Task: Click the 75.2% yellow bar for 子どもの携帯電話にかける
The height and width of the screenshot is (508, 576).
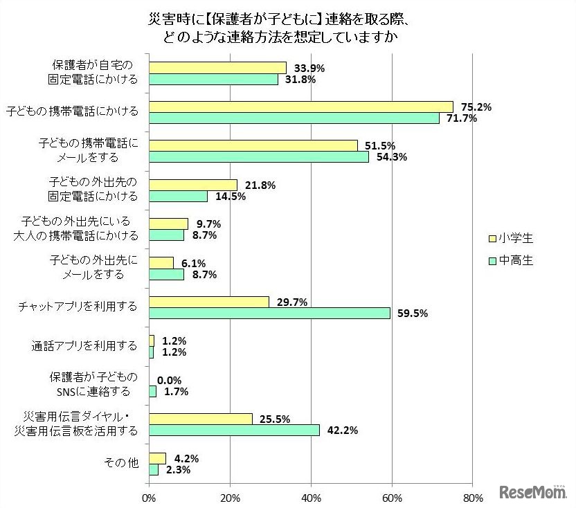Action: [301, 106]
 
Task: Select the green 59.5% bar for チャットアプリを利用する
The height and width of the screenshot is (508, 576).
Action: [270, 313]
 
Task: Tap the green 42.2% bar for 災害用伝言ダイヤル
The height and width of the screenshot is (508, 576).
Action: [235, 430]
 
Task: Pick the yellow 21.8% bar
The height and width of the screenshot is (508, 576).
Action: [193, 185]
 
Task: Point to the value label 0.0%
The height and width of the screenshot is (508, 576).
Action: [170, 380]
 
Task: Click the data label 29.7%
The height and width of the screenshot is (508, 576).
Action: [293, 302]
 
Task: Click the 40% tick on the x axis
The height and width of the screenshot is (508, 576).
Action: [311, 497]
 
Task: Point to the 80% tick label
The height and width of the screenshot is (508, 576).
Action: [472, 497]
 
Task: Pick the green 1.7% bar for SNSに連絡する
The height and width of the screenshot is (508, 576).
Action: [153, 391]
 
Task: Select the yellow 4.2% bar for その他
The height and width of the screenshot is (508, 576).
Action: [158, 458]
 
